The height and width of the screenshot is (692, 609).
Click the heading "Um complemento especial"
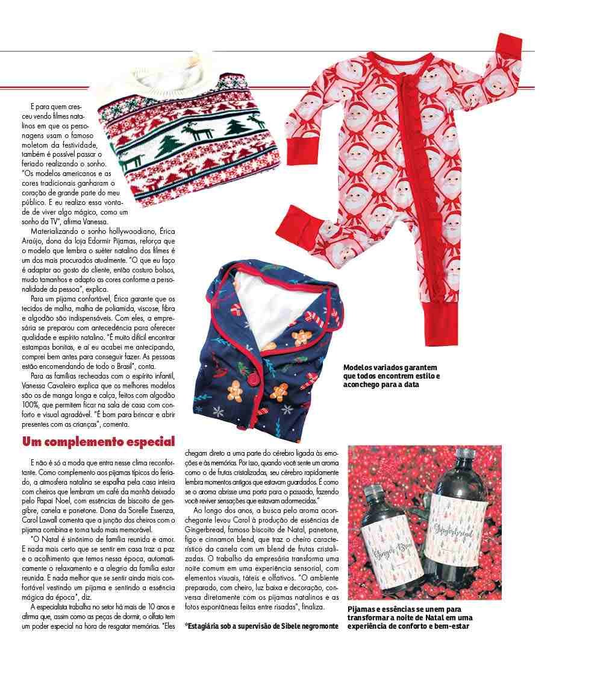(98, 442)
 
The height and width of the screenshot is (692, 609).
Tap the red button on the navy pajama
(254, 380)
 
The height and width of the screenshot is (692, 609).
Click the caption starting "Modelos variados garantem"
(391, 376)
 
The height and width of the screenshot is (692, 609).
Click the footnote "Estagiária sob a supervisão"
(261, 626)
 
